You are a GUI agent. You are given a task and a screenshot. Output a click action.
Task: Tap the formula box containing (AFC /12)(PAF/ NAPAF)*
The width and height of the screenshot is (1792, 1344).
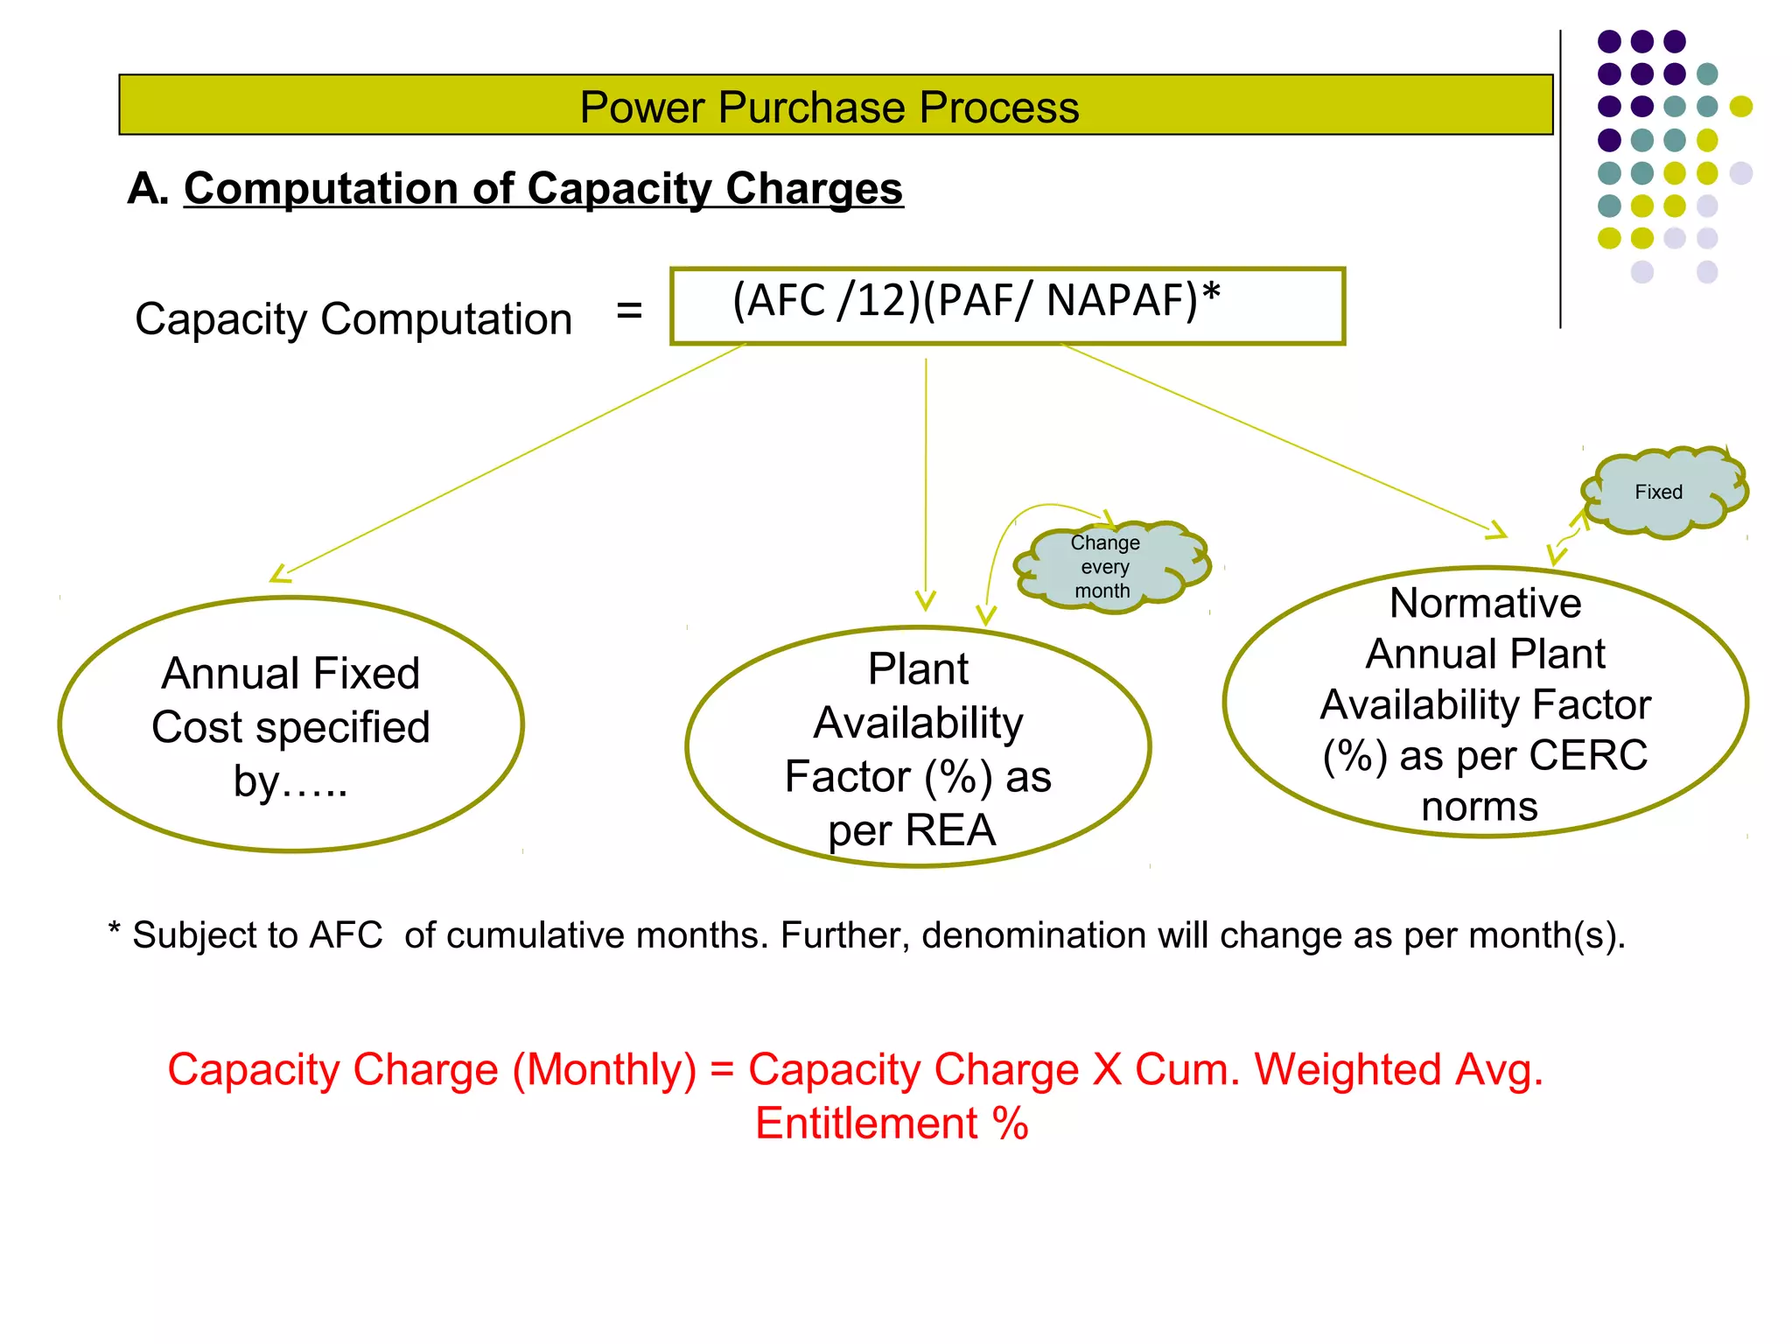click(1006, 306)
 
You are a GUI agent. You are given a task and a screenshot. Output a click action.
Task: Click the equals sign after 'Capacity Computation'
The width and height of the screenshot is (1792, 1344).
click(629, 310)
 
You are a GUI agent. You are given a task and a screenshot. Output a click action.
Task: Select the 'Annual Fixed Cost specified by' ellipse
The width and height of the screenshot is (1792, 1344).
click(291, 724)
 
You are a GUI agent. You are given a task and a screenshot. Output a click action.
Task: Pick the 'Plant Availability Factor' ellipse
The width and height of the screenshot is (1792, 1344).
click(918, 747)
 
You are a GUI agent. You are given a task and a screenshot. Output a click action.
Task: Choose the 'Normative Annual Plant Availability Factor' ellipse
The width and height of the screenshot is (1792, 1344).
click(1485, 703)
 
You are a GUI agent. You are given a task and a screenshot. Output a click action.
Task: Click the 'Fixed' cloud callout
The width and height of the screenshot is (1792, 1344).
click(1659, 492)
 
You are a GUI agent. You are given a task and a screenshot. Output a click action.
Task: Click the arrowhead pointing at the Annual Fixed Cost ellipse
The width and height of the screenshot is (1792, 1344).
click(280, 575)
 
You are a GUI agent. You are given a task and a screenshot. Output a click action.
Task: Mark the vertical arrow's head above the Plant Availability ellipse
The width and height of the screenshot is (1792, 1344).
click(926, 601)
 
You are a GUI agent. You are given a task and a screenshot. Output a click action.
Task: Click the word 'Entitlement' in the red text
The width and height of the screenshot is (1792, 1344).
click(866, 1123)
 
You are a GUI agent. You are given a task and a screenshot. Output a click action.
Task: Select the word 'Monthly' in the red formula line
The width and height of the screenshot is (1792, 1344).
click(604, 1070)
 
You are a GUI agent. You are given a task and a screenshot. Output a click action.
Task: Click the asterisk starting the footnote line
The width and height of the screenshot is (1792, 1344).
click(114, 929)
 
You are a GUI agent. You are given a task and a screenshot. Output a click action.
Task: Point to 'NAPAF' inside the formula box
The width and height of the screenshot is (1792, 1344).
click(1122, 300)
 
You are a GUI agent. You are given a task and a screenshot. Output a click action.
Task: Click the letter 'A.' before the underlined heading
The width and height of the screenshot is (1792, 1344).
click(147, 189)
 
